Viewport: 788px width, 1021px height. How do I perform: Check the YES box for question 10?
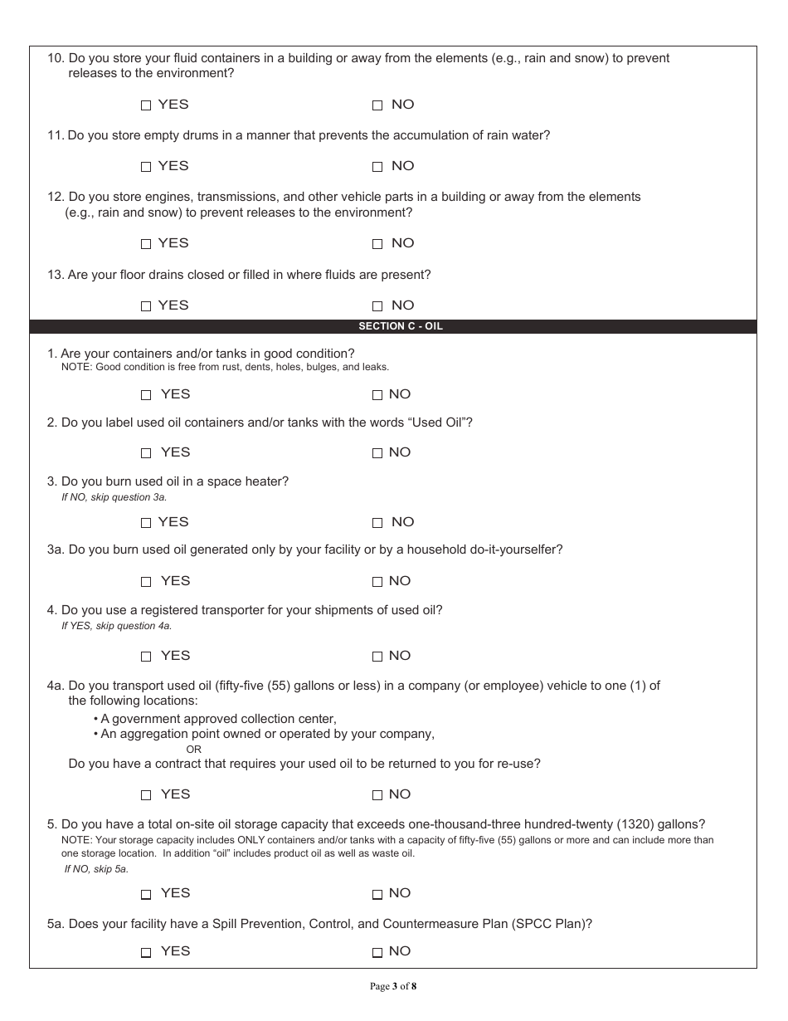tap(146, 105)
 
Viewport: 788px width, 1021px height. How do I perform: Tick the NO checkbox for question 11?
tap(377, 167)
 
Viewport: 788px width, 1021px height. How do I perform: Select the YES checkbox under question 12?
tap(146, 244)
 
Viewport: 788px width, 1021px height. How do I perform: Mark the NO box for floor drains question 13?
tap(377, 306)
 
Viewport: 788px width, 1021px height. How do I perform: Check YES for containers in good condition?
tap(146, 395)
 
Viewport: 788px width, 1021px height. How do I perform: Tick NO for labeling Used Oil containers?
tap(377, 453)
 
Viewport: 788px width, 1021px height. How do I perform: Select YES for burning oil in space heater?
tap(146, 523)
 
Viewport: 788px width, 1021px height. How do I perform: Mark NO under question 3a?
tap(377, 582)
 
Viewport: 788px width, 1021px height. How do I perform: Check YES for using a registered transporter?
tap(146, 657)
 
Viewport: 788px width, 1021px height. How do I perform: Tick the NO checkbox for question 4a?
tap(377, 795)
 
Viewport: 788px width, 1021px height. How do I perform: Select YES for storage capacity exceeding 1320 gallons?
tap(146, 894)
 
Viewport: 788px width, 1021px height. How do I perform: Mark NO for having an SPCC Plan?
tap(377, 952)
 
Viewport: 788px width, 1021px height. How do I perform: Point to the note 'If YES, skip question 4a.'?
tap(116, 626)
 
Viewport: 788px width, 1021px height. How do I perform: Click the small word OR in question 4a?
tap(193, 749)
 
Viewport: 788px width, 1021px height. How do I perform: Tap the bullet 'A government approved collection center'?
tap(217, 719)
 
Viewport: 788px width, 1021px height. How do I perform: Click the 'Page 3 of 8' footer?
tap(393, 986)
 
